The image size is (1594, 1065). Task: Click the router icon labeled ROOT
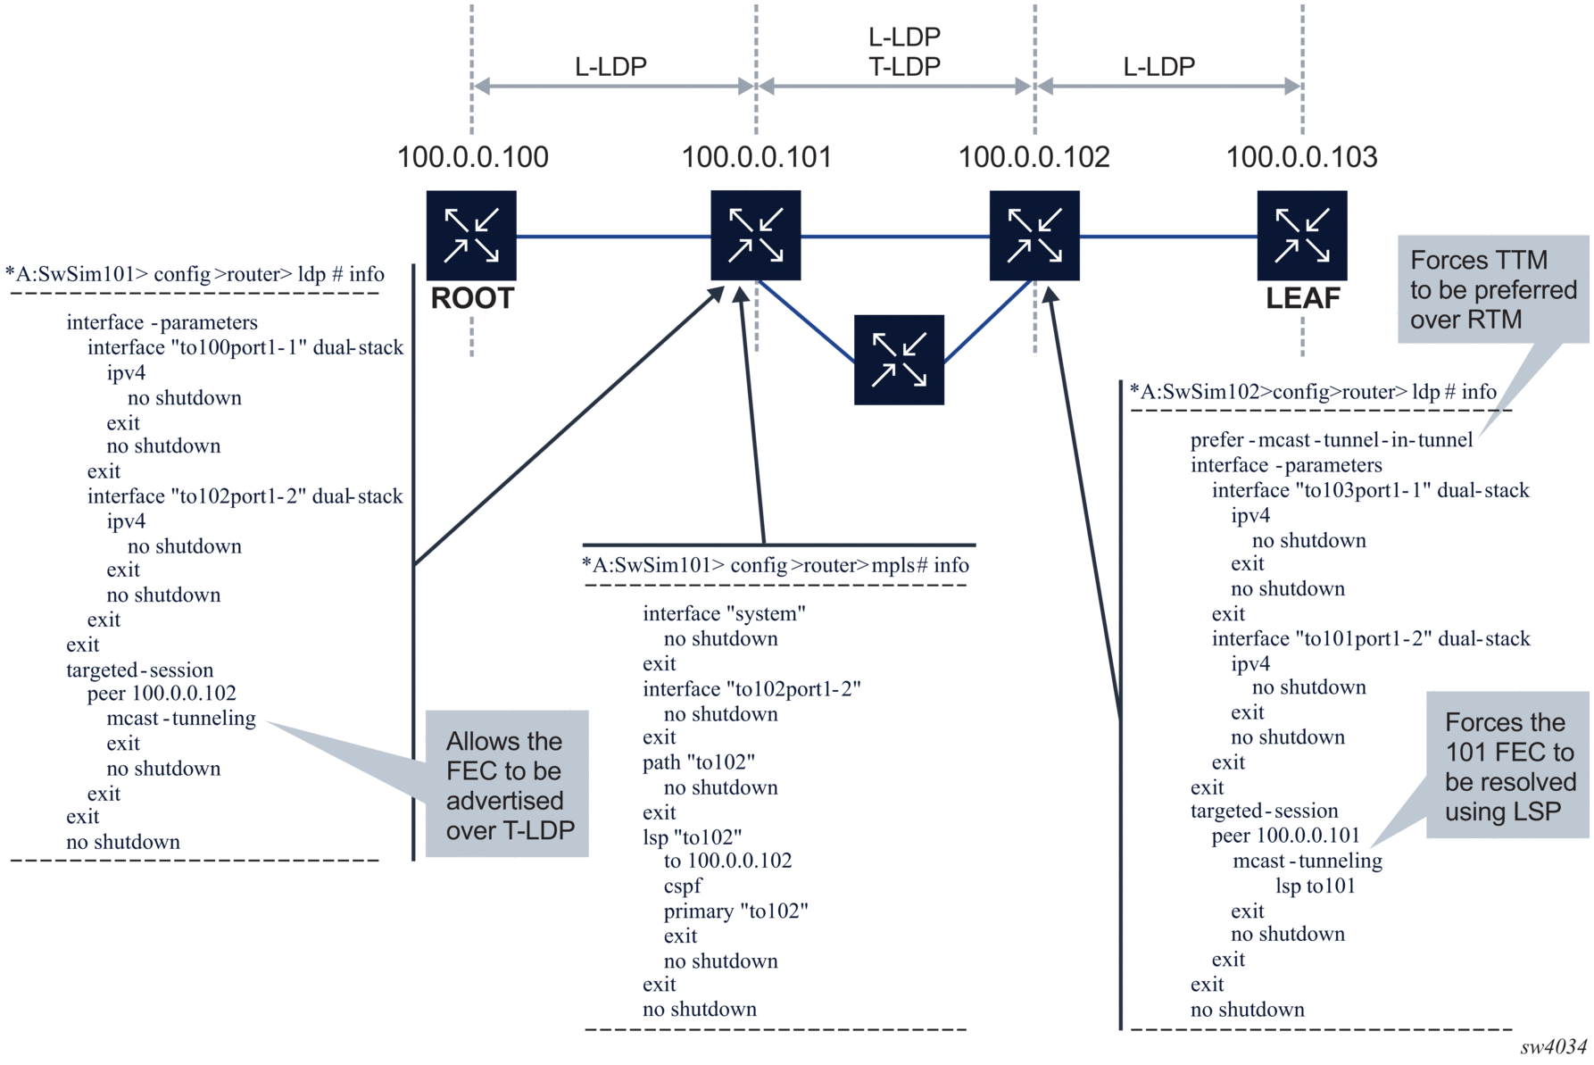(471, 235)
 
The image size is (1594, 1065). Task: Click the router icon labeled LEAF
(1301, 235)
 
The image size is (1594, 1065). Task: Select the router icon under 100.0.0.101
(755, 235)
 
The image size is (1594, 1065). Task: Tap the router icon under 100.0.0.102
(1034, 235)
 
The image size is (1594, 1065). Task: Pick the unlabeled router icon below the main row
(899, 359)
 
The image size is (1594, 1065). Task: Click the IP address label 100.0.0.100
(472, 157)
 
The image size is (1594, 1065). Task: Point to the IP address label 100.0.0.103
(1301, 157)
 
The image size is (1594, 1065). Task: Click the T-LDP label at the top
(904, 66)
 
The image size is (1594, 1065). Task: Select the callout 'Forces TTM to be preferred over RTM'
(1492, 289)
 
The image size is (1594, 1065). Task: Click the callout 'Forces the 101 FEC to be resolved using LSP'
(1508, 766)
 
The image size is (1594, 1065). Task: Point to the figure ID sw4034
(1553, 1046)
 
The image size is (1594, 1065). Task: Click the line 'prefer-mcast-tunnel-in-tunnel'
(1331, 440)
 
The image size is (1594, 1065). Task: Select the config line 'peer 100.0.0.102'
(162, 694)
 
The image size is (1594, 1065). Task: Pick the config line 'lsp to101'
(1315, 886)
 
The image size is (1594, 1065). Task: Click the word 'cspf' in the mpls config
(683, 886)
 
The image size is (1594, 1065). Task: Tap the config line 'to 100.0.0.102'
(727, 861)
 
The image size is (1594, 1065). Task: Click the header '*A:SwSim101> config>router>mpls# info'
(775, 565)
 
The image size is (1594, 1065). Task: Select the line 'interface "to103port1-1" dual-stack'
(1370, 490)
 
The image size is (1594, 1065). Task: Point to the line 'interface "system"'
(724, 614)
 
